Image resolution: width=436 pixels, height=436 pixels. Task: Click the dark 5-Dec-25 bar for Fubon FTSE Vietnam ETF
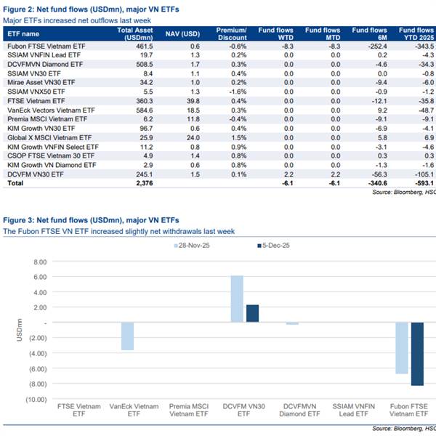pos(417,354)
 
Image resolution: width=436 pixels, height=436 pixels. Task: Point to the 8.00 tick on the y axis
pos(47,261)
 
